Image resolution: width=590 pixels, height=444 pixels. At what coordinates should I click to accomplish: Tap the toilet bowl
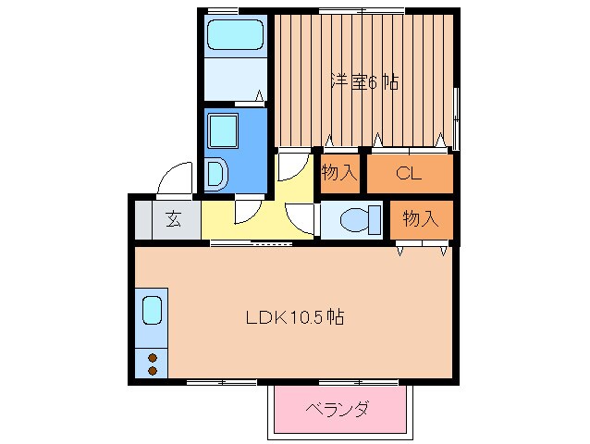click(355, 221)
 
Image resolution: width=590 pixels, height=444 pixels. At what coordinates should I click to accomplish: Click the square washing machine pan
click(224, 130)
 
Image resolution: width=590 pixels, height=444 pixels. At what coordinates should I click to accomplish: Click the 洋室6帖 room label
click(365, 81)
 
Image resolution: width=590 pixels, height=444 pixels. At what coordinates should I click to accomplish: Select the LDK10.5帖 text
click(295, 317)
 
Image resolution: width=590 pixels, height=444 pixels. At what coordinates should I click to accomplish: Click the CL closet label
click(410, 173)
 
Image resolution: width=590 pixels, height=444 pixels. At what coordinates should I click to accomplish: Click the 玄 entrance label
click(172, 219)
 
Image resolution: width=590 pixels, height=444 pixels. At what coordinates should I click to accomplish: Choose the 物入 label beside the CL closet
click(339, 173)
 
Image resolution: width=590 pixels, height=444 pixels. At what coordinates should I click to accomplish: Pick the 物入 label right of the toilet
click(420, 219)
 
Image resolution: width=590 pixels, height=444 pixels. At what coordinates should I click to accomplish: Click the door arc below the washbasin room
click(248, 212)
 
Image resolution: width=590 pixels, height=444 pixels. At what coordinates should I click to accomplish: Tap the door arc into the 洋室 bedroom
click(291, 167)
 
